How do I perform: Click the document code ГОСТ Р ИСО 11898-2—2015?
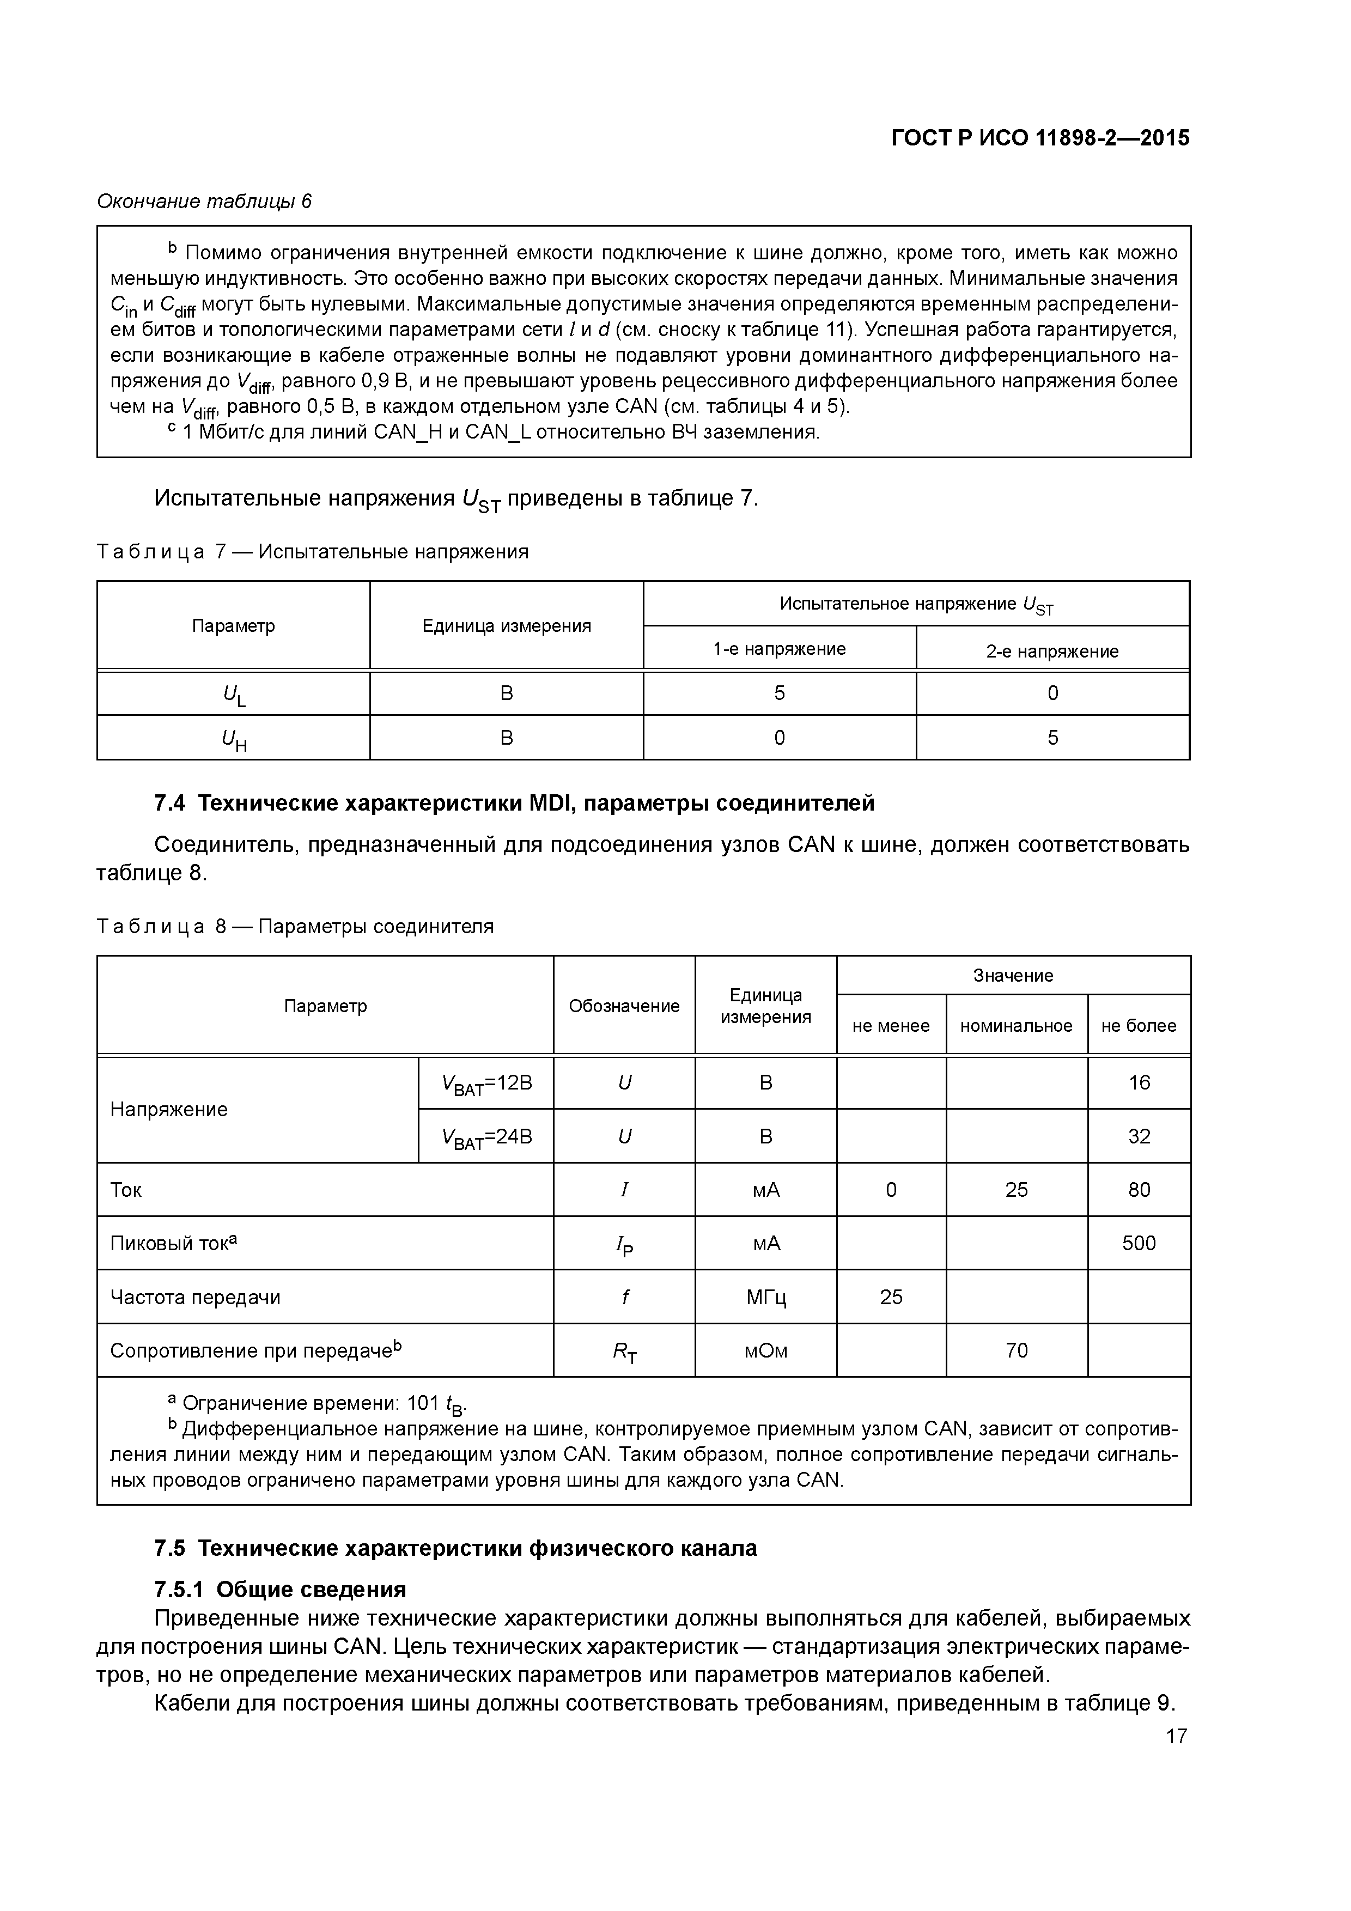1040,138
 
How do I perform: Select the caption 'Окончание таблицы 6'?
204,202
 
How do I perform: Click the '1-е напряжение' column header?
779,648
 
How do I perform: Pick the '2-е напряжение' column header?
1052,651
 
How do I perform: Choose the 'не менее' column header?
891,1025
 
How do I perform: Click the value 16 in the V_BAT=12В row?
1139,1082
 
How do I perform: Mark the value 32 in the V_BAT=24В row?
1139,1136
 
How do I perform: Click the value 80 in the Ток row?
1139,1189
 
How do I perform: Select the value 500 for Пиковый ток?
1139,1243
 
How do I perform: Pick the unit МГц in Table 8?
766,1297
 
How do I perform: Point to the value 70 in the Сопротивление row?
1017,1350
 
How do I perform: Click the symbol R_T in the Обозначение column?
624,1352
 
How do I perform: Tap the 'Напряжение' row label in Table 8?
169,1110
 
